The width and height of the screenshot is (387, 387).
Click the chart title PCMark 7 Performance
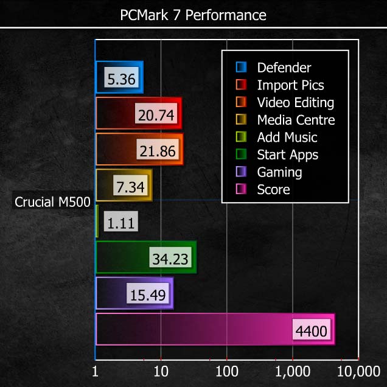pos(193,14)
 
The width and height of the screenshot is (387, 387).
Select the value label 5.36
pos(122,78)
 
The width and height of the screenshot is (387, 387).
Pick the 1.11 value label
pos(121,223)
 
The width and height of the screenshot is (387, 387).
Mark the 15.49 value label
pos(148,295)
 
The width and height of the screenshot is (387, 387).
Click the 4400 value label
pos(311,331)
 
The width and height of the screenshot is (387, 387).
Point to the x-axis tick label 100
pos(226,371)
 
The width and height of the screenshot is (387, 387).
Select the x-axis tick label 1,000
pos(293,371)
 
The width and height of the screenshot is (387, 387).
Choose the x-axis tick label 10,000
pos(358,371)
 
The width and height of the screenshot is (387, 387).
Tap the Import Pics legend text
pos(290,85)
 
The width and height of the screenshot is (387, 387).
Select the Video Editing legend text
pos(295,102)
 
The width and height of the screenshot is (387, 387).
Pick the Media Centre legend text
pos(296,120)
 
